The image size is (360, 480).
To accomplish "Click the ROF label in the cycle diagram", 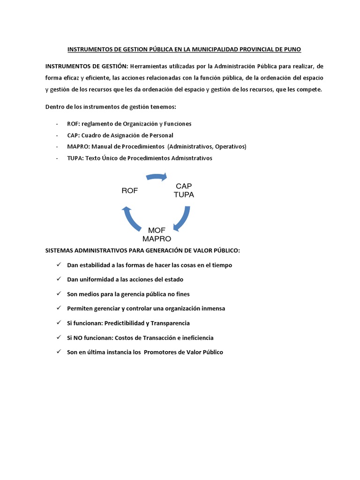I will (130, 190).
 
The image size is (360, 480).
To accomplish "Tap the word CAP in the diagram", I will (184, 186).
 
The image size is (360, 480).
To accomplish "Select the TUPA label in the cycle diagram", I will (184, 195).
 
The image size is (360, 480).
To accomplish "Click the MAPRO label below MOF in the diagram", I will (157, 238).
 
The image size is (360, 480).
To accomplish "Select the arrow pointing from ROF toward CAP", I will (157, 177).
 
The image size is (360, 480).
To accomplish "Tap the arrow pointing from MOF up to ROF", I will (130, 218).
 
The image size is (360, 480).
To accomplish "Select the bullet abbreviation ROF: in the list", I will (74, 124).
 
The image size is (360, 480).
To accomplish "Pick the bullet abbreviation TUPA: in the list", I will (75, 158).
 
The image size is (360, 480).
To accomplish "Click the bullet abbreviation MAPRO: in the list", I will (78, 147).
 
